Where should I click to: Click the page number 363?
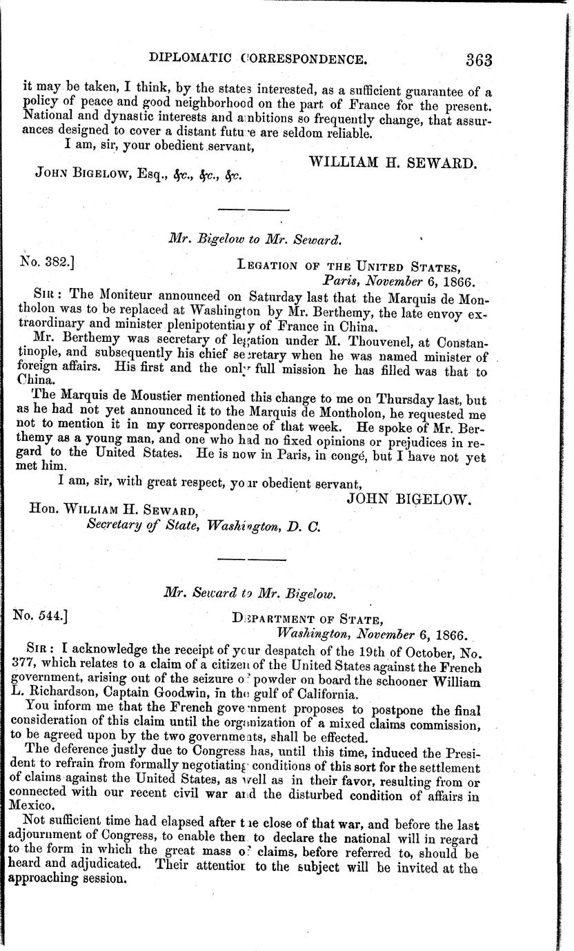tap(478, 59)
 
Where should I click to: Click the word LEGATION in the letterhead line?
tap(268, 265)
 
